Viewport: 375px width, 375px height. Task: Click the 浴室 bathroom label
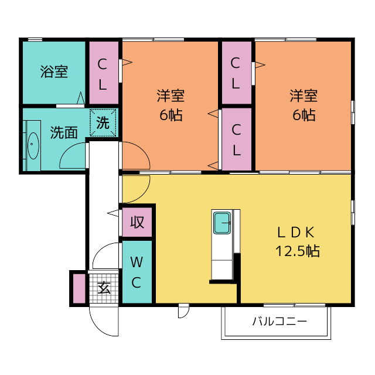pos(54,71)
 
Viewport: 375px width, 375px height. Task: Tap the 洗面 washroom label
pos(64,132)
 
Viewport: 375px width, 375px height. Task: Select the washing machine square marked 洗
pos(103,122)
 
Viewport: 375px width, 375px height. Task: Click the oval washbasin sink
pos(33,146)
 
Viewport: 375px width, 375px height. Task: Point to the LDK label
pos(295,233)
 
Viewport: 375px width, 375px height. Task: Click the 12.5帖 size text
pos(297,251)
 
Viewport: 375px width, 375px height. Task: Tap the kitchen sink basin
pos(223,223)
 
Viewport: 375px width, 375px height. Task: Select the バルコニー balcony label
pos(279,322)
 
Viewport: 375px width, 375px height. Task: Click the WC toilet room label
pos(137,272)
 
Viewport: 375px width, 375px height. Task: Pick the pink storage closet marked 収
pos(137,222)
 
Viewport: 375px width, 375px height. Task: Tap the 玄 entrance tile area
pos(104,288)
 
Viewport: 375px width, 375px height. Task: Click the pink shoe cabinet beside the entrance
pos(79,288)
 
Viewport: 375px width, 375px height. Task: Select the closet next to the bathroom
pos(104,73)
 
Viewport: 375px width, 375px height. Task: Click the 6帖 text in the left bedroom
pos(171,115)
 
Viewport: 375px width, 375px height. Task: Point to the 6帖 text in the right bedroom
pos(304,115)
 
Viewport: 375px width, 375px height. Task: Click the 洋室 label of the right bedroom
pos(304,96)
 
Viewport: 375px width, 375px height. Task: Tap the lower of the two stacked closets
pos(237,139)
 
